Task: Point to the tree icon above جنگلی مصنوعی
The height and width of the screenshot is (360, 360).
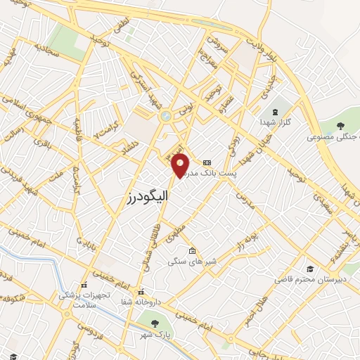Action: tap(340, 127)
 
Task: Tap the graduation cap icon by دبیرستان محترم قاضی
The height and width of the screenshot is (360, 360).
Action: tap(310, 269)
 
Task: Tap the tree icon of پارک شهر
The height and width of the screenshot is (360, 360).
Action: tap(155, 323)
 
